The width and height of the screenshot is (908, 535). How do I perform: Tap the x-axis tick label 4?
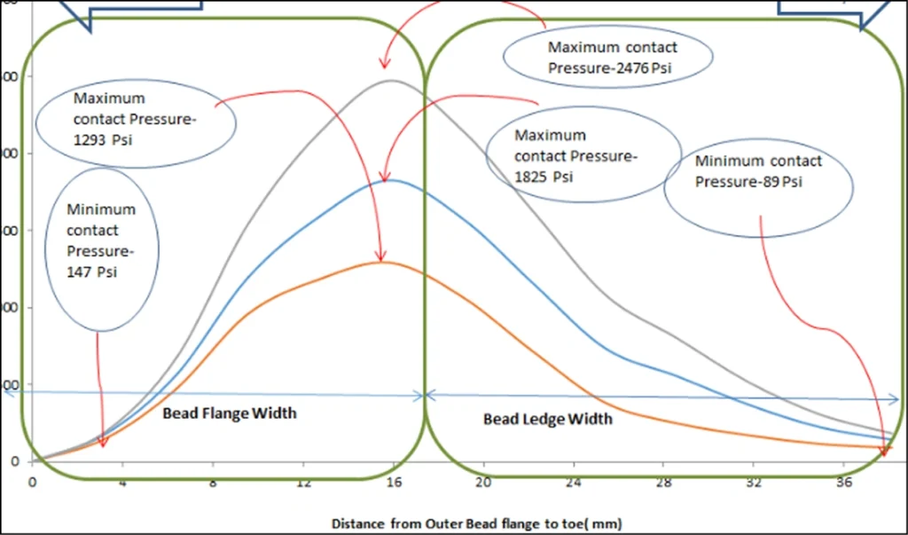[x=122, y=483]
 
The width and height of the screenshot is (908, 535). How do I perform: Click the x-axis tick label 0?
[x=32, y=483]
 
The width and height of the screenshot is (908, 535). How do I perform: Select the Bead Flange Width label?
[x=229, y=413]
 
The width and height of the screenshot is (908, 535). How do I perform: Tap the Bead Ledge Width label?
[x=547, y=419]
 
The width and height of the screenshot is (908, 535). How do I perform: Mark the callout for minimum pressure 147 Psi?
[x=101, y=241]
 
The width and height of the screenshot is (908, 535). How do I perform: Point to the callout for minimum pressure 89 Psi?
[x=758, y=172]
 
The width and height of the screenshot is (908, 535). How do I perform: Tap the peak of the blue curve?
[x=388, y=180]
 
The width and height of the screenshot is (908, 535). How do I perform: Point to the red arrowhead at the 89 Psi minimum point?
[x=884, y=453]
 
